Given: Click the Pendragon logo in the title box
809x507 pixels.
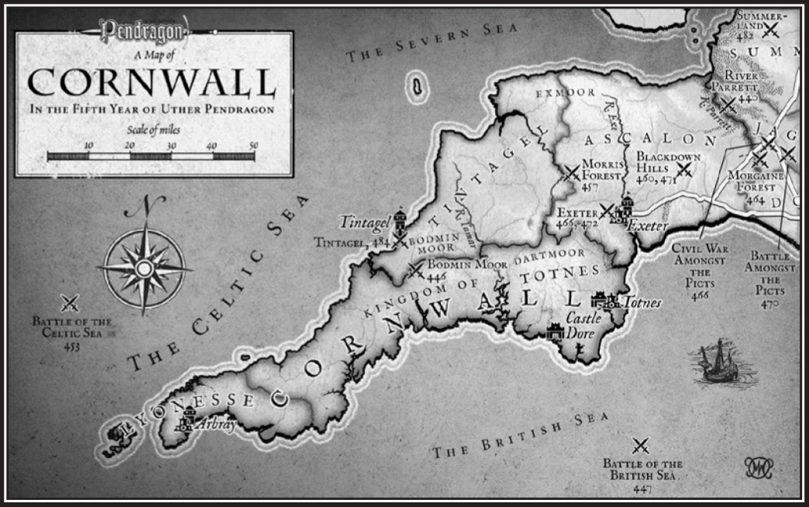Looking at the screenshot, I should coord(144,32).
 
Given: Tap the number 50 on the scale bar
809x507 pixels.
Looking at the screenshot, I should coord(253,146).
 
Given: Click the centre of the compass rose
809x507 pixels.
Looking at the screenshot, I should coord(144,267).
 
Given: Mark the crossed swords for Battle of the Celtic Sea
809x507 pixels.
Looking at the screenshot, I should coord(71,303).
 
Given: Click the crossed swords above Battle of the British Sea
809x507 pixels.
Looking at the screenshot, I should coord(641,446).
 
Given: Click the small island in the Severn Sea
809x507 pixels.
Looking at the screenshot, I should coord(418,87).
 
